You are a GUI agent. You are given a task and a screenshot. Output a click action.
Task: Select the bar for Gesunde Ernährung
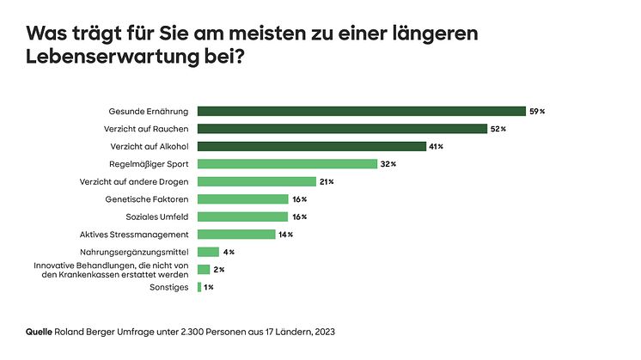point(361,111)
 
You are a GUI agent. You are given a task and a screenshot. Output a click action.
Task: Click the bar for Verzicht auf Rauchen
point(342,129)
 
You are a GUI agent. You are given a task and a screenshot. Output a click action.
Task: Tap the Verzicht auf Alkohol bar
point(312,146)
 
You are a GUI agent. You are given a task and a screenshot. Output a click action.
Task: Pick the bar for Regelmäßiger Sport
point(287,163)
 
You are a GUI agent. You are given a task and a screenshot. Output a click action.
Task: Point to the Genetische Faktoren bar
point(242,198)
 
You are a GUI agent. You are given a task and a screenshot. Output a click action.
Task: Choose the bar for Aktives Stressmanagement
point(236,234)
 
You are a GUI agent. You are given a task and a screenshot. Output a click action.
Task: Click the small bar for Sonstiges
point(199,287)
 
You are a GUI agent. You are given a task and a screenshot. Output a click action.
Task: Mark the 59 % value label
point(537,111)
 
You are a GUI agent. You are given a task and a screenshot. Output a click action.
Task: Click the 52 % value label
point(498,129)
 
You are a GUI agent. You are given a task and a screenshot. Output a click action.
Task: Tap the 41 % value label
point(436,146)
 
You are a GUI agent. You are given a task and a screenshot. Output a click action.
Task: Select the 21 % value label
point(326,181)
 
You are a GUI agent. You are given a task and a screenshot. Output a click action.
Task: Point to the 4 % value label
point(229,252)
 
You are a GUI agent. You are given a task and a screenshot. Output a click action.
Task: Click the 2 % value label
point(219,269)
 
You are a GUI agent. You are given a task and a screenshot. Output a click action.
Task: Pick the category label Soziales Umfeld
point(160,217)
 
